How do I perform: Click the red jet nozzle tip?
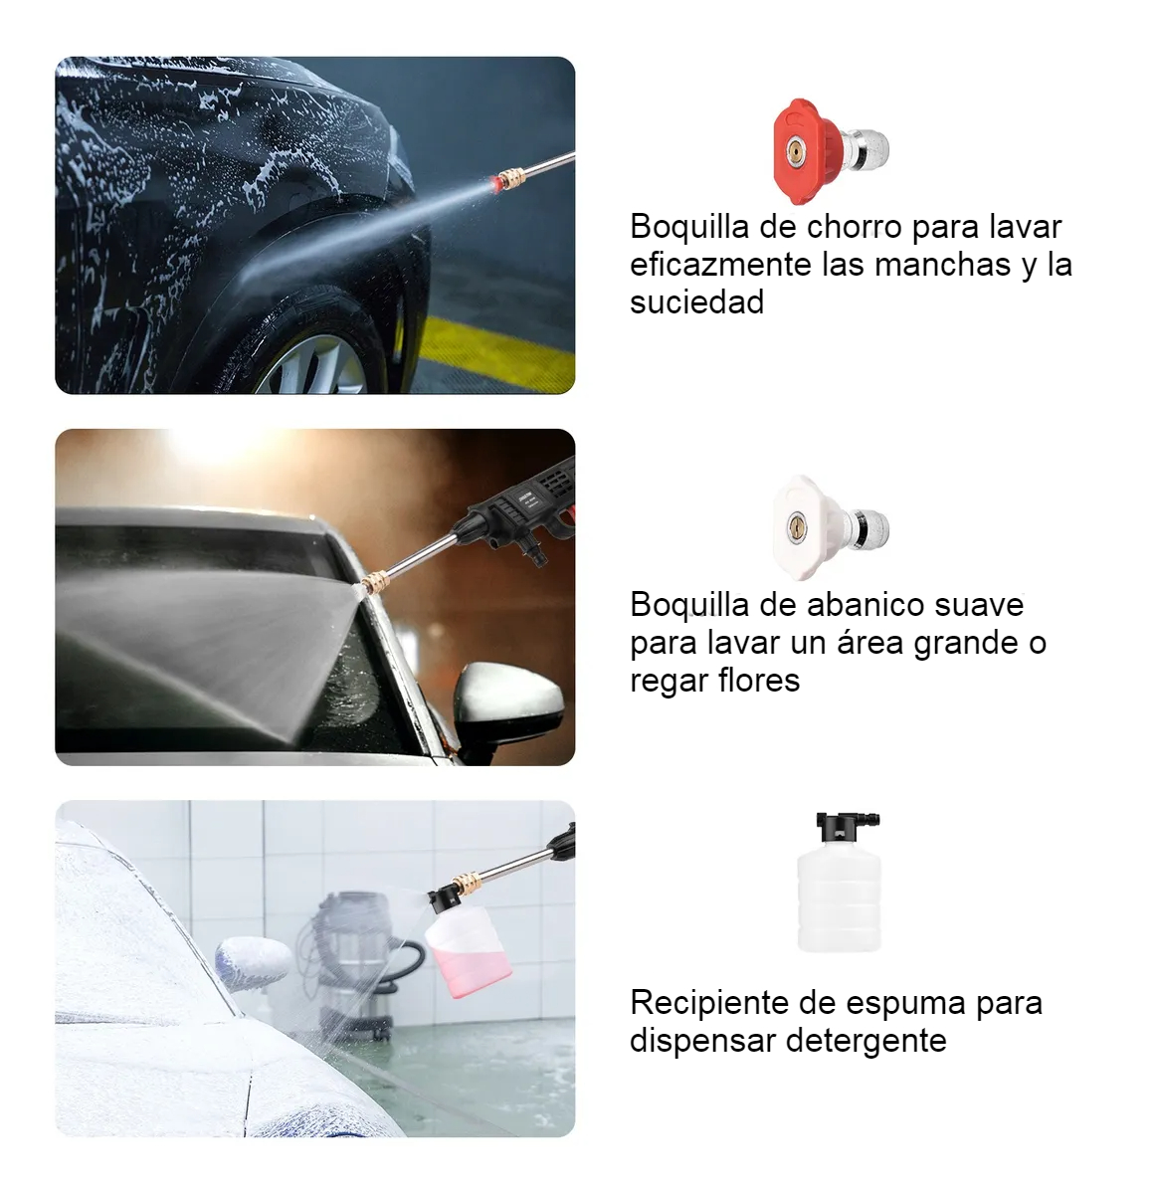coord(830,151)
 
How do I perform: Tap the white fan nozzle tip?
coord(830,527)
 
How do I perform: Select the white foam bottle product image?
coord(839,882)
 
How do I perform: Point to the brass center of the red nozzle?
coord(796,149)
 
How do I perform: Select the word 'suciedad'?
coord(696,302)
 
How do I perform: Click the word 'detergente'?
coord(866,1041)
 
